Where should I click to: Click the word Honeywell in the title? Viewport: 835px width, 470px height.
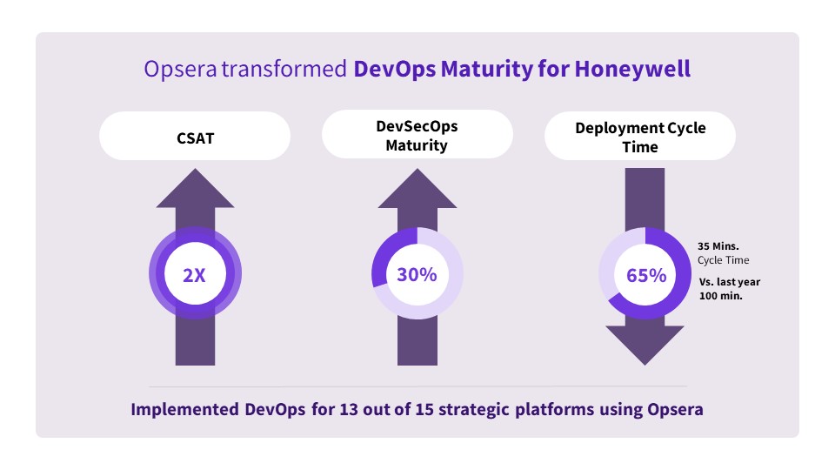click(x=632, y=70)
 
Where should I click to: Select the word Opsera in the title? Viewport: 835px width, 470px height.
click(x=180, y=70)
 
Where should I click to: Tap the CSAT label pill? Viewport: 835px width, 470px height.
click(x=195, y=136)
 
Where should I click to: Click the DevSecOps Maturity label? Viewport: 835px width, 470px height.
click(x=417, y=136)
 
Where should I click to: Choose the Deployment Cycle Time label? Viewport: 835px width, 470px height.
click(x=640, y=137)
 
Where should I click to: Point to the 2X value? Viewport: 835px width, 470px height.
click(x=194, y=276)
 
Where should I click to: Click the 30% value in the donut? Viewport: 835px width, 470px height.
click(x=417, y=274)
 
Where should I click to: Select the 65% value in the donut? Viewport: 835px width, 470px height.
click(x=646, y=276)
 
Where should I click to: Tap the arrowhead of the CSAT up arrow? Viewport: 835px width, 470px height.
click(x=195, y=188)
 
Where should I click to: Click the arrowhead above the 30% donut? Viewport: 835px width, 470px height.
click(x=417, y=188)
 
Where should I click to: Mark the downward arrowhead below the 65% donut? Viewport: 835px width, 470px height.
click(x=645, y=346)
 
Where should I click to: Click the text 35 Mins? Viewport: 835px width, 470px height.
click(x=718, y=246)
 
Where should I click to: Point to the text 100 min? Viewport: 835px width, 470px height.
click(x=720, y=296)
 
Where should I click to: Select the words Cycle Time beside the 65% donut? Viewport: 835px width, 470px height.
click(x=723, y=260)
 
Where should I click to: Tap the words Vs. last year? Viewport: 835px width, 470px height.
click(x=730, y=282)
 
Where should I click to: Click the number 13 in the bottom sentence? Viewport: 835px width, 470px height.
click(x=348, y=409)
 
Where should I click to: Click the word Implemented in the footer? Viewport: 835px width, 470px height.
click(x=184, y=409)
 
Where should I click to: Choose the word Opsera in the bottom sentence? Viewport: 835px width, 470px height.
click(x=675, y=409)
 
